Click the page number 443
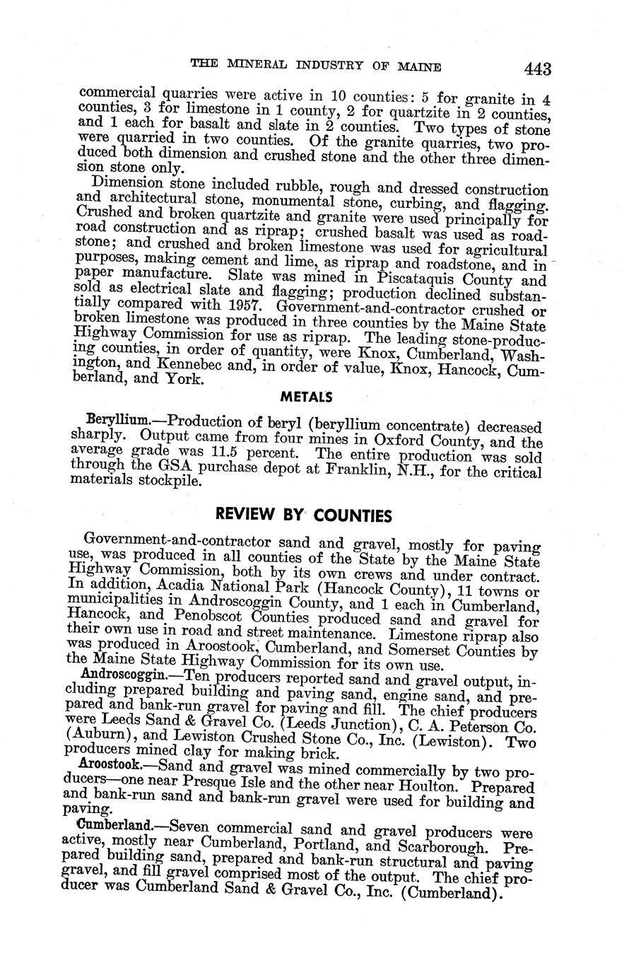[537, 69]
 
